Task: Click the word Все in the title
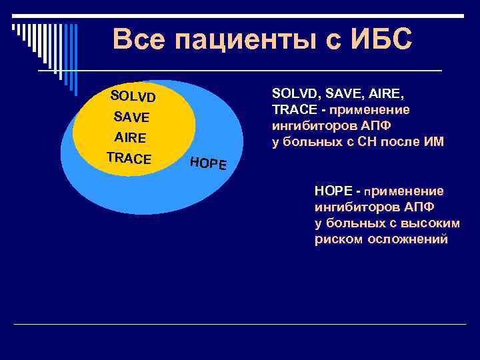[139, 39]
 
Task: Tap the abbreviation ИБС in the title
[389, 39]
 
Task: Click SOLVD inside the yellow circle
[133, 97]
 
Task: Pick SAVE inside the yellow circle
[131, 117]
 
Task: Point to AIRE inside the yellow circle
[130, 138]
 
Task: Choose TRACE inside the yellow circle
[129, 159]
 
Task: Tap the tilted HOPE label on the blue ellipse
[208, 163]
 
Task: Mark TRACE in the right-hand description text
[293, 109]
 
